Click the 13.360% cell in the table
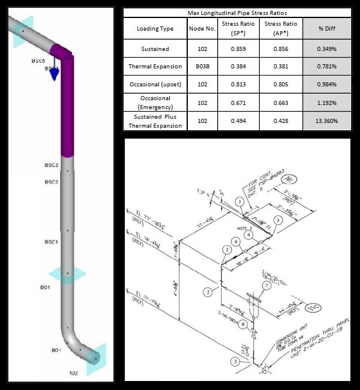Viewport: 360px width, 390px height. coord(328,121)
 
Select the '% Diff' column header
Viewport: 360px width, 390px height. coord(328,28)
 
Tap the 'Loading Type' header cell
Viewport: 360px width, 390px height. coord(155,28)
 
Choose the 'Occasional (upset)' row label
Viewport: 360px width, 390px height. coord(155,85)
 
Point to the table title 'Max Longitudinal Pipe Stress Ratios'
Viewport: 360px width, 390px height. coord(237,12)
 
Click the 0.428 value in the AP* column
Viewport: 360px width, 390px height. coord(281,121)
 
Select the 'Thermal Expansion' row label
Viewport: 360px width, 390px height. coord(155,66)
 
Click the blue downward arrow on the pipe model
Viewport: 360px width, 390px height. coord(54,71)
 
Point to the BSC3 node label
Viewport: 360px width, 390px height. coord(52,165)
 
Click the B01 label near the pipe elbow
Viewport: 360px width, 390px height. coord(56,349)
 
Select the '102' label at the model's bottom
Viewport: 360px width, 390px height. coord(73,373)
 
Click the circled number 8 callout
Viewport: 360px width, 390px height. coord(243,324)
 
